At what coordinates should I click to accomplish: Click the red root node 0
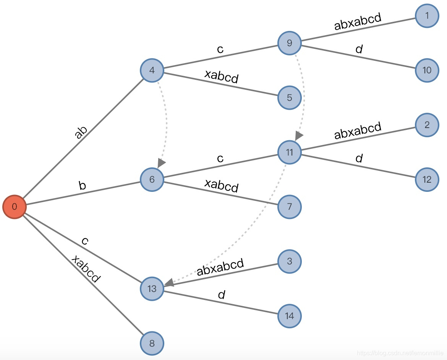click(15, 207)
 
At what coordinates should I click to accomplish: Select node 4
click(152, 71)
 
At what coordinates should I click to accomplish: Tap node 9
click(289, 43)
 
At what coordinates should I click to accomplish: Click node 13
click(152, 289)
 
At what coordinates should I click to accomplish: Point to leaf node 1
click(427, 16)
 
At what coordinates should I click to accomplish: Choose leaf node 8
click(152, 343)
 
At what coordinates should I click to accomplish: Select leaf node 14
click(289, 316)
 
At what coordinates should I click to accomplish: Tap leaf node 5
click(289, 97)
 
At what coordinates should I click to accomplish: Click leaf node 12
click(427, 179)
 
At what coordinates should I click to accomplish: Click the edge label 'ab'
click(81, 132)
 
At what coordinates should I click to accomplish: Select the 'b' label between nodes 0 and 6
click(82, 186)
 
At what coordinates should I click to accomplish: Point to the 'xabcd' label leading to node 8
click(86, 269)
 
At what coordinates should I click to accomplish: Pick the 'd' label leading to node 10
click(358, 49)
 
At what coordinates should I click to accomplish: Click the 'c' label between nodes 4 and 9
click(220, 49)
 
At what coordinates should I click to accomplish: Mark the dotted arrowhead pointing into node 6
click(162, 163)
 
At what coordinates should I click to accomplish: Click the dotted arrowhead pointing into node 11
click(299, 136)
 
